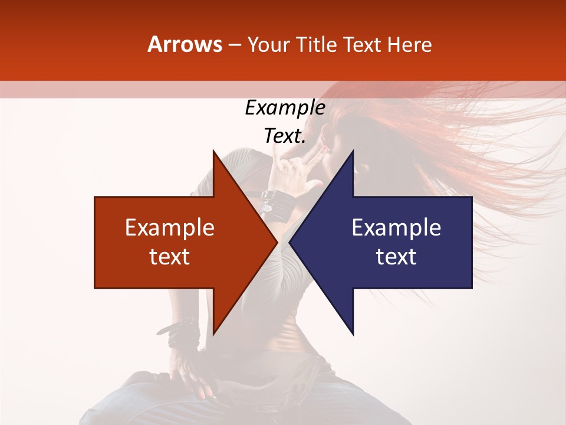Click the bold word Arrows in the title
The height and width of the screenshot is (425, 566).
click(x=185, y=44)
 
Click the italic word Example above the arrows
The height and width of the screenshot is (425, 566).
click(x=285, y=107)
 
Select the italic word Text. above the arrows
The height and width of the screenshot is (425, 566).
click(x=285, y=136)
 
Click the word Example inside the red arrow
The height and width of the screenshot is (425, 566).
click(x=170, y=227)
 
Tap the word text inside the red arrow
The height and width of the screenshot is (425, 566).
click(x=170, y=256)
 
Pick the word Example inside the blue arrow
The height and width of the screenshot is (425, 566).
click(x=396, y=227)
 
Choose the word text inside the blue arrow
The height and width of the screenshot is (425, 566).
click(x=396, y=256)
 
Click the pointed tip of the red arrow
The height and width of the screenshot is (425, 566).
click(x=277, y=242)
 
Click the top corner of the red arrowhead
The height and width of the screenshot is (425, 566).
click(x=213, y=151)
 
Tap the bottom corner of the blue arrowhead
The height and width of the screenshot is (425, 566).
click(x=353, y=334)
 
